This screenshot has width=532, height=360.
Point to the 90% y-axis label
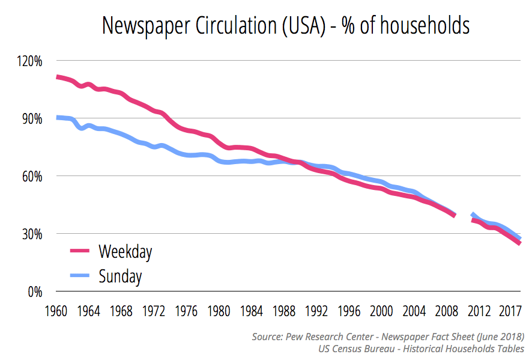coord(32,118)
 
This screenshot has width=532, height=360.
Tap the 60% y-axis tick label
coord(32,176)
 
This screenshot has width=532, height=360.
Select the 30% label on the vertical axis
coord(32,234)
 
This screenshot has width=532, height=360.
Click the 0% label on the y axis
coord(35,291)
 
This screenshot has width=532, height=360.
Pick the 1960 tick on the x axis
coord(56,312)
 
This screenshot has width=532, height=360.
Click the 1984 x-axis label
coord(252,312)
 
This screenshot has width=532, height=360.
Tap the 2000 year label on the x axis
coord(381,312)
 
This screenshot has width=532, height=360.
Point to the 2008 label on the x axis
coord(446,312)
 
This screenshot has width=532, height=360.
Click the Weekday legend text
coord(125,251)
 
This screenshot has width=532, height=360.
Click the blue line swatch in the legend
coord(79,276)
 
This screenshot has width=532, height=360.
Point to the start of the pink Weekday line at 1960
coord(57,77)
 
